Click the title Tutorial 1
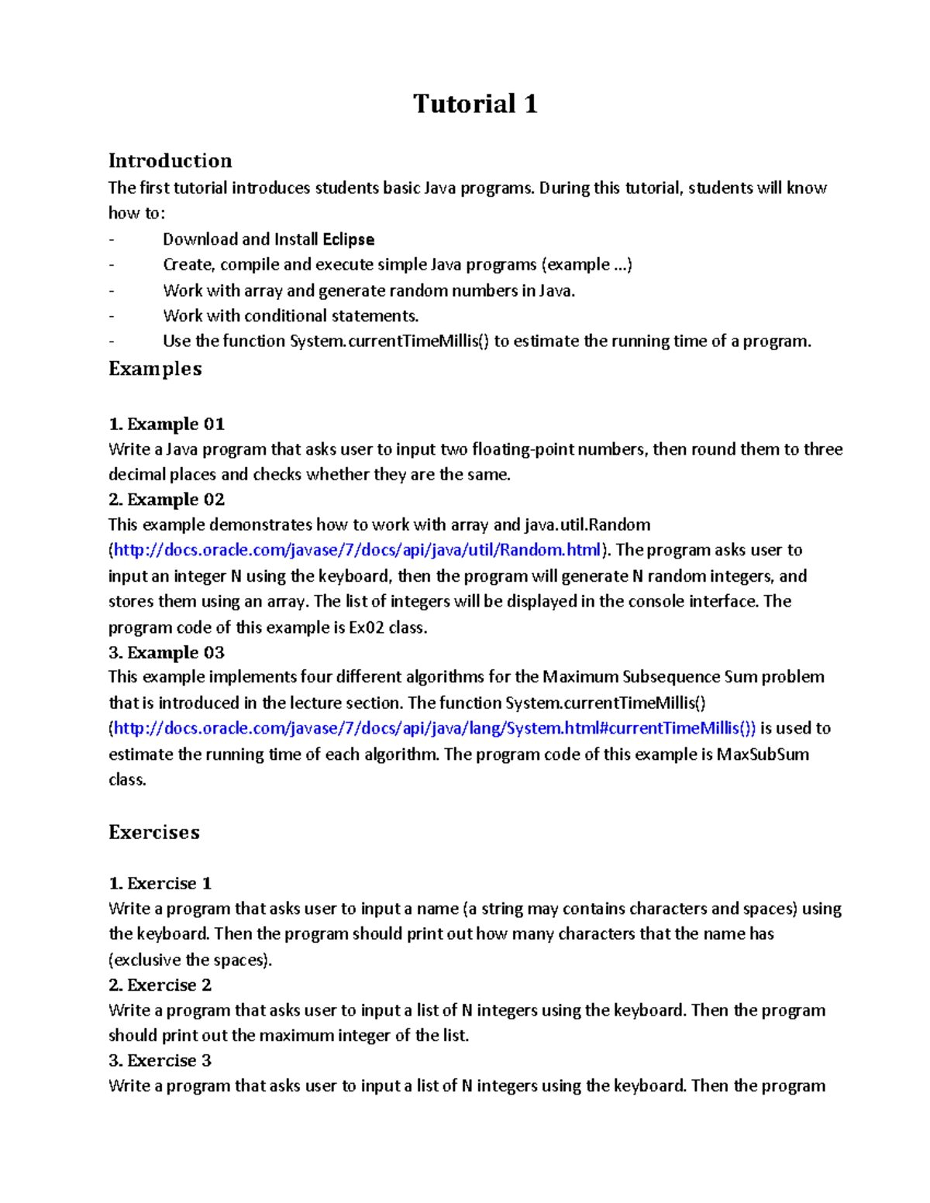tap(475, 104)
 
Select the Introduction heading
tap(170, 161)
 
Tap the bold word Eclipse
tap(348, 239)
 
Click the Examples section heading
tap(155, 369)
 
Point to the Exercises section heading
tap(154, 833)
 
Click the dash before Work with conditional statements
tap(112, 316)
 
